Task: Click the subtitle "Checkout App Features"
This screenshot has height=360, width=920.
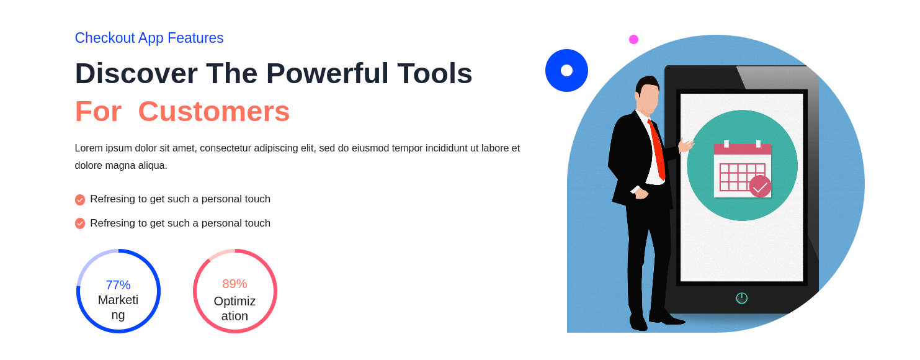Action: (149, 38)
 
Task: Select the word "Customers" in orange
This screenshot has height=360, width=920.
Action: (214, 111)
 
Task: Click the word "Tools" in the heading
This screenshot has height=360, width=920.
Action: (435, 74)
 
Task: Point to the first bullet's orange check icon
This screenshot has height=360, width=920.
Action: (80, 200)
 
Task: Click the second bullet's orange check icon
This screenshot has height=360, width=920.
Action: (80, 223)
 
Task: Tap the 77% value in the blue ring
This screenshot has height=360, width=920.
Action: (118, 285)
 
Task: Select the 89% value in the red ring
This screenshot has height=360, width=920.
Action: (235, 284)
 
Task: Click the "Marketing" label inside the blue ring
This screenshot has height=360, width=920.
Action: (118, 307)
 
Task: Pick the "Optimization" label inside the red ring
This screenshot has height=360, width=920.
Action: (235, 308)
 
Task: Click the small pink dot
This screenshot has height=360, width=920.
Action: (634, 40)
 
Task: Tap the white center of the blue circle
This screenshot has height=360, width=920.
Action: (567, 71)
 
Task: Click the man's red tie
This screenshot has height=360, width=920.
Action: (657, 150)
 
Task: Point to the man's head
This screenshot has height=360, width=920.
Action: (647, 94)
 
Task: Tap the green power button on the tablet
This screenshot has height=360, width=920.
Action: (742, 298)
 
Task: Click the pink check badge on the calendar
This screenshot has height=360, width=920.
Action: (760, 187)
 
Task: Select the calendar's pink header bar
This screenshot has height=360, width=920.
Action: (743, 149)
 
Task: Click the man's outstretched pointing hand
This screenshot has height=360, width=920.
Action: (686, 145)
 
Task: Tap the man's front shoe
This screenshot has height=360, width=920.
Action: (668, 318)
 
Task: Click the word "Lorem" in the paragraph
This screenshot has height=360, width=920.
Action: (89, 148)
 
